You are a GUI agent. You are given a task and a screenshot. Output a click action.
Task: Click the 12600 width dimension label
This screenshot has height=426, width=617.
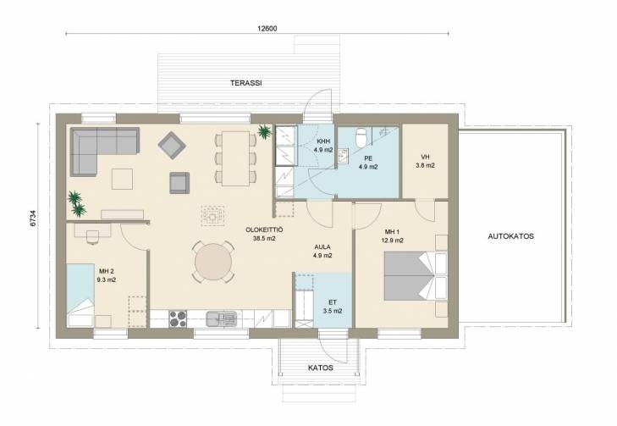tap(267, 28)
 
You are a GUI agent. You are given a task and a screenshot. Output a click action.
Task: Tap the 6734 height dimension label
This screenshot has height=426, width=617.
tap(34, 218)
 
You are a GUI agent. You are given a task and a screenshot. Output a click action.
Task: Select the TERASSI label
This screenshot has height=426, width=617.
tap(246, 83)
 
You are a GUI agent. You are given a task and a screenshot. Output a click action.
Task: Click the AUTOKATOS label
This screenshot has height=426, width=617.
tap(510, 236)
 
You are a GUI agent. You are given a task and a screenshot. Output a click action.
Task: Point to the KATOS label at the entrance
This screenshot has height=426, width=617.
tap(320, 368)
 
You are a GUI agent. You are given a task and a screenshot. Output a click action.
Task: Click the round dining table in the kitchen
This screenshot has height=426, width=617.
tap(213, 262)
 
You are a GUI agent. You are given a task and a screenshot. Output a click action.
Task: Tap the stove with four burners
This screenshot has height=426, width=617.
tap(178, 319)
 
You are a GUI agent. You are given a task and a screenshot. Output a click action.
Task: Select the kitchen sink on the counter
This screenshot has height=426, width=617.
tap(221, 319)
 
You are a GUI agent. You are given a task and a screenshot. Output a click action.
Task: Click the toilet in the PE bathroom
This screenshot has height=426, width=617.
tap(361, 136)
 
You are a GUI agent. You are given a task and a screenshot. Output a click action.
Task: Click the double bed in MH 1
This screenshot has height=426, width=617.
tap(415, 276)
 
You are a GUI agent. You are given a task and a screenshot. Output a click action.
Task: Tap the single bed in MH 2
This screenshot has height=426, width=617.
tap(80, 296)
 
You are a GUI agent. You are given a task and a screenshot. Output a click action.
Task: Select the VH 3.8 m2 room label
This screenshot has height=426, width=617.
tap(425, 162)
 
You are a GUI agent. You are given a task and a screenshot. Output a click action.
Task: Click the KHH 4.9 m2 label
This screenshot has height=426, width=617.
tap(323, 146)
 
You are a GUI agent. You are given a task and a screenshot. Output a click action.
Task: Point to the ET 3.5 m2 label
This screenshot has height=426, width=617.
tap(333, 307)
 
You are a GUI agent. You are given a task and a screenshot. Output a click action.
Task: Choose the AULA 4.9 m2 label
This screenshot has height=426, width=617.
tap(322, 252)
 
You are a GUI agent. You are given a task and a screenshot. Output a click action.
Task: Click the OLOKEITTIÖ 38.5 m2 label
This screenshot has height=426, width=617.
tap(264, 234)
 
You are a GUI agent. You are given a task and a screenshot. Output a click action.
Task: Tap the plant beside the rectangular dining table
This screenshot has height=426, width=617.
tap(264, 131)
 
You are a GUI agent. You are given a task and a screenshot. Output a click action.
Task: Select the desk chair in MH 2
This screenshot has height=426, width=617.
tap(92, 237)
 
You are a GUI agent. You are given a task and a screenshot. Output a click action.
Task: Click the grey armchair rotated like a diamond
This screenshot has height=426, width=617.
tap(172, 146)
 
